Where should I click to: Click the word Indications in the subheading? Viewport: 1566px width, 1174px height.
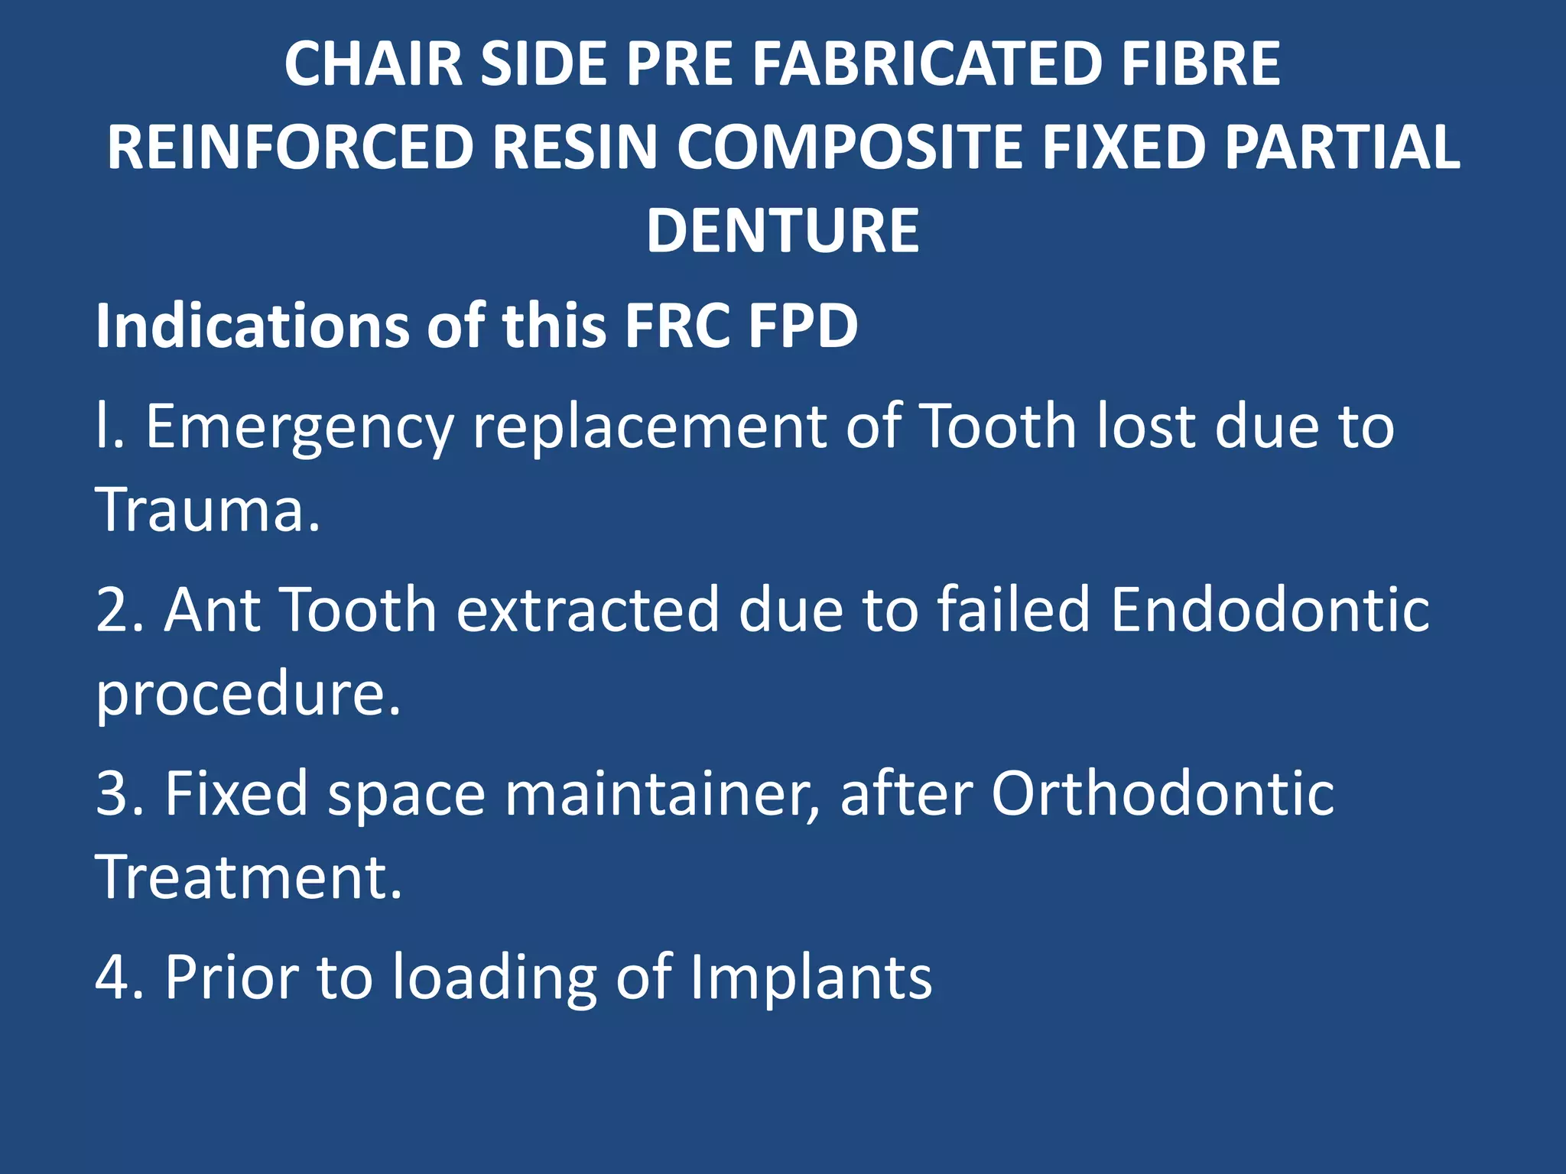coord(252,326)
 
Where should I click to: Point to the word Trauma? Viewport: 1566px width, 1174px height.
coord(207,510)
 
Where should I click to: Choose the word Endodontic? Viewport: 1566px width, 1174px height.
coord(1270,610)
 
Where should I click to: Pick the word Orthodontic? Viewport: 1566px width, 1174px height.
coord(1163,793)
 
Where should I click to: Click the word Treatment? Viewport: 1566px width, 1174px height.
coord(249,877)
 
